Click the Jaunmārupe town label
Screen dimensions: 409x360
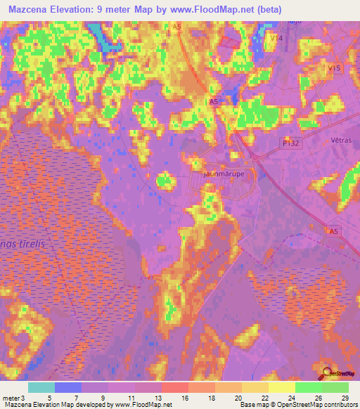pos(224,172)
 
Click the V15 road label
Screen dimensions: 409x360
pos(334,68)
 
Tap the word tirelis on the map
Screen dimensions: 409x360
pos(32,242)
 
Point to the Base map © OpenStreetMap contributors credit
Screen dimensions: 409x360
pos(297,405)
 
